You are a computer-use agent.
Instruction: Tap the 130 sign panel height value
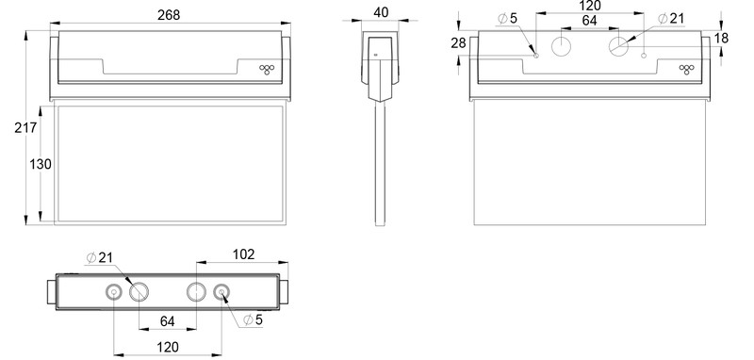[40, 165]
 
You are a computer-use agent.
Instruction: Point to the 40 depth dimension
[381, 13]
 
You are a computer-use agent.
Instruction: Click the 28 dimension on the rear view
[459, 44]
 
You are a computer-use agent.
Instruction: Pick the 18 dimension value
[721, 37]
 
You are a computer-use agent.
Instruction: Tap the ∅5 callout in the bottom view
[252, 320]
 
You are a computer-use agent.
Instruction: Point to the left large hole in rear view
[563, 47]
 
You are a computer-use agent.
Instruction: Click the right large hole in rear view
[619, 47]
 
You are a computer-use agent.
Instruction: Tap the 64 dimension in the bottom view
[167, 320]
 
